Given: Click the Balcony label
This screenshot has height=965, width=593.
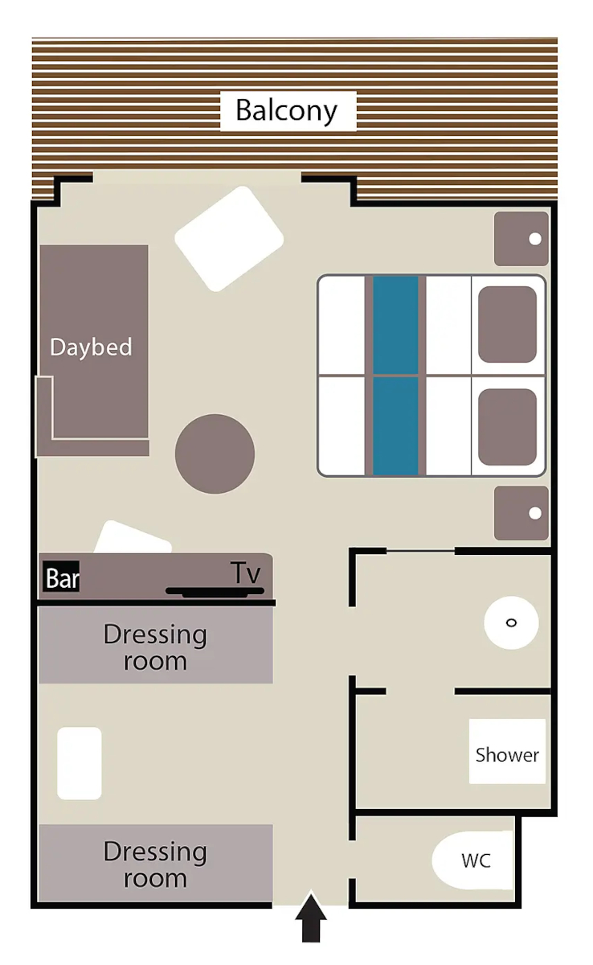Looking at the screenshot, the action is point(287,111).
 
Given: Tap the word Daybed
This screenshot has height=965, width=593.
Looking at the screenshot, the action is point(91,347).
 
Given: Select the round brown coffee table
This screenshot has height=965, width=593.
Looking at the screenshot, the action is point(215,454).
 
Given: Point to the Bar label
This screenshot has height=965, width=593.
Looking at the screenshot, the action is point(61,577).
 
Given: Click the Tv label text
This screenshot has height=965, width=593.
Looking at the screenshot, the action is point(245,573).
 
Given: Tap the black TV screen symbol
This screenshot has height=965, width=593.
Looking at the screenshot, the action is point(215,592).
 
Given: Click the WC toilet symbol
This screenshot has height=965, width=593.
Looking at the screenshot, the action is point(472,860).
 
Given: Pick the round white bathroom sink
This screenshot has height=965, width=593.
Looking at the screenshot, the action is point(511,622).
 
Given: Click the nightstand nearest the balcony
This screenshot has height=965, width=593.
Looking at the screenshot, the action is point(521,238).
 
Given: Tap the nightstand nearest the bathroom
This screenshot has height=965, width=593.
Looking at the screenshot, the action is point(521,513).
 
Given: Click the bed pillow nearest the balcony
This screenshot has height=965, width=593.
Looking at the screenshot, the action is point(507,324).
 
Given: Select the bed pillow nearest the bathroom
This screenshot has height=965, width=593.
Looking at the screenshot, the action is point(507,427).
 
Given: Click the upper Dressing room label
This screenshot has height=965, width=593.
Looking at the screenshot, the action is point(155,647).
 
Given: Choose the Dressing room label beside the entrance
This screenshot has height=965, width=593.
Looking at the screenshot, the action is point(155,864).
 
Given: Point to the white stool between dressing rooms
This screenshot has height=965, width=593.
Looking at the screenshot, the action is point(80,763).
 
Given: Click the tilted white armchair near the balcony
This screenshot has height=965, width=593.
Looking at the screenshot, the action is point(229,239).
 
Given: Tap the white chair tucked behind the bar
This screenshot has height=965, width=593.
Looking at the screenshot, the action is point(133,537).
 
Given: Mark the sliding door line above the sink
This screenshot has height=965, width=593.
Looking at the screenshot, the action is point(420,551).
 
